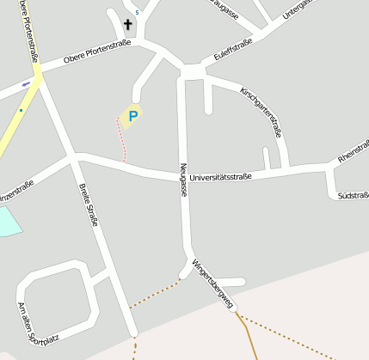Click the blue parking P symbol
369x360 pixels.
[132, 115]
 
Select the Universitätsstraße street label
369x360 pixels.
[220, 177]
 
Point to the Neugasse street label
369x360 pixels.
[183, 181]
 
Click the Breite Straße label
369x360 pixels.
[89, 207]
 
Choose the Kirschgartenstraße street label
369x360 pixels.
[261, 113]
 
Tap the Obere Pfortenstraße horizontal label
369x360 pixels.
[96, 55]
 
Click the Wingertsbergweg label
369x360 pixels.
[212, 284]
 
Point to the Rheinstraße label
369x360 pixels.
[354, 152]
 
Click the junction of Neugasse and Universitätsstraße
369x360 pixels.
[183, 176]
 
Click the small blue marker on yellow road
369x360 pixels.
[27, 84]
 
